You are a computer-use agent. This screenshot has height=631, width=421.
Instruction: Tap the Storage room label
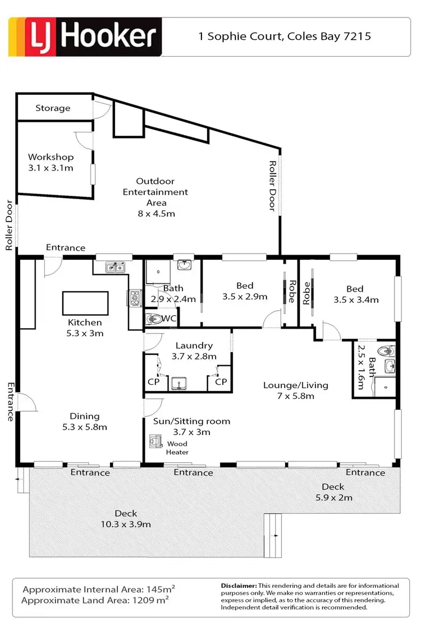pyautogui.click(x=53, y=108)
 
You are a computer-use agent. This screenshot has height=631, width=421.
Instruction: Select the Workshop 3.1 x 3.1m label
pyautogui.click(x=51, y=162)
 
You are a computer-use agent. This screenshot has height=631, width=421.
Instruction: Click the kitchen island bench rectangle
pyautogui.click(x=84, y=303)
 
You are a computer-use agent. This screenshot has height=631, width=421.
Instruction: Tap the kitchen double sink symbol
pyautogui.click(x=116, y=268)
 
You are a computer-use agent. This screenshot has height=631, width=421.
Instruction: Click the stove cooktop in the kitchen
pyautogui.click(x=135, y=298)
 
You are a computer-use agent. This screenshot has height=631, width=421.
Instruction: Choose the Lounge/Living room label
pyautogui.click(x=296, y=390)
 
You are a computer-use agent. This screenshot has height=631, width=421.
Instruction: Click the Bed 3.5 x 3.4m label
pyautogui.click(x=355, y=294)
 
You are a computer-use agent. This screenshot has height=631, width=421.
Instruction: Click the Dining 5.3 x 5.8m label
pyautogui.click(x=84, y=421)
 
